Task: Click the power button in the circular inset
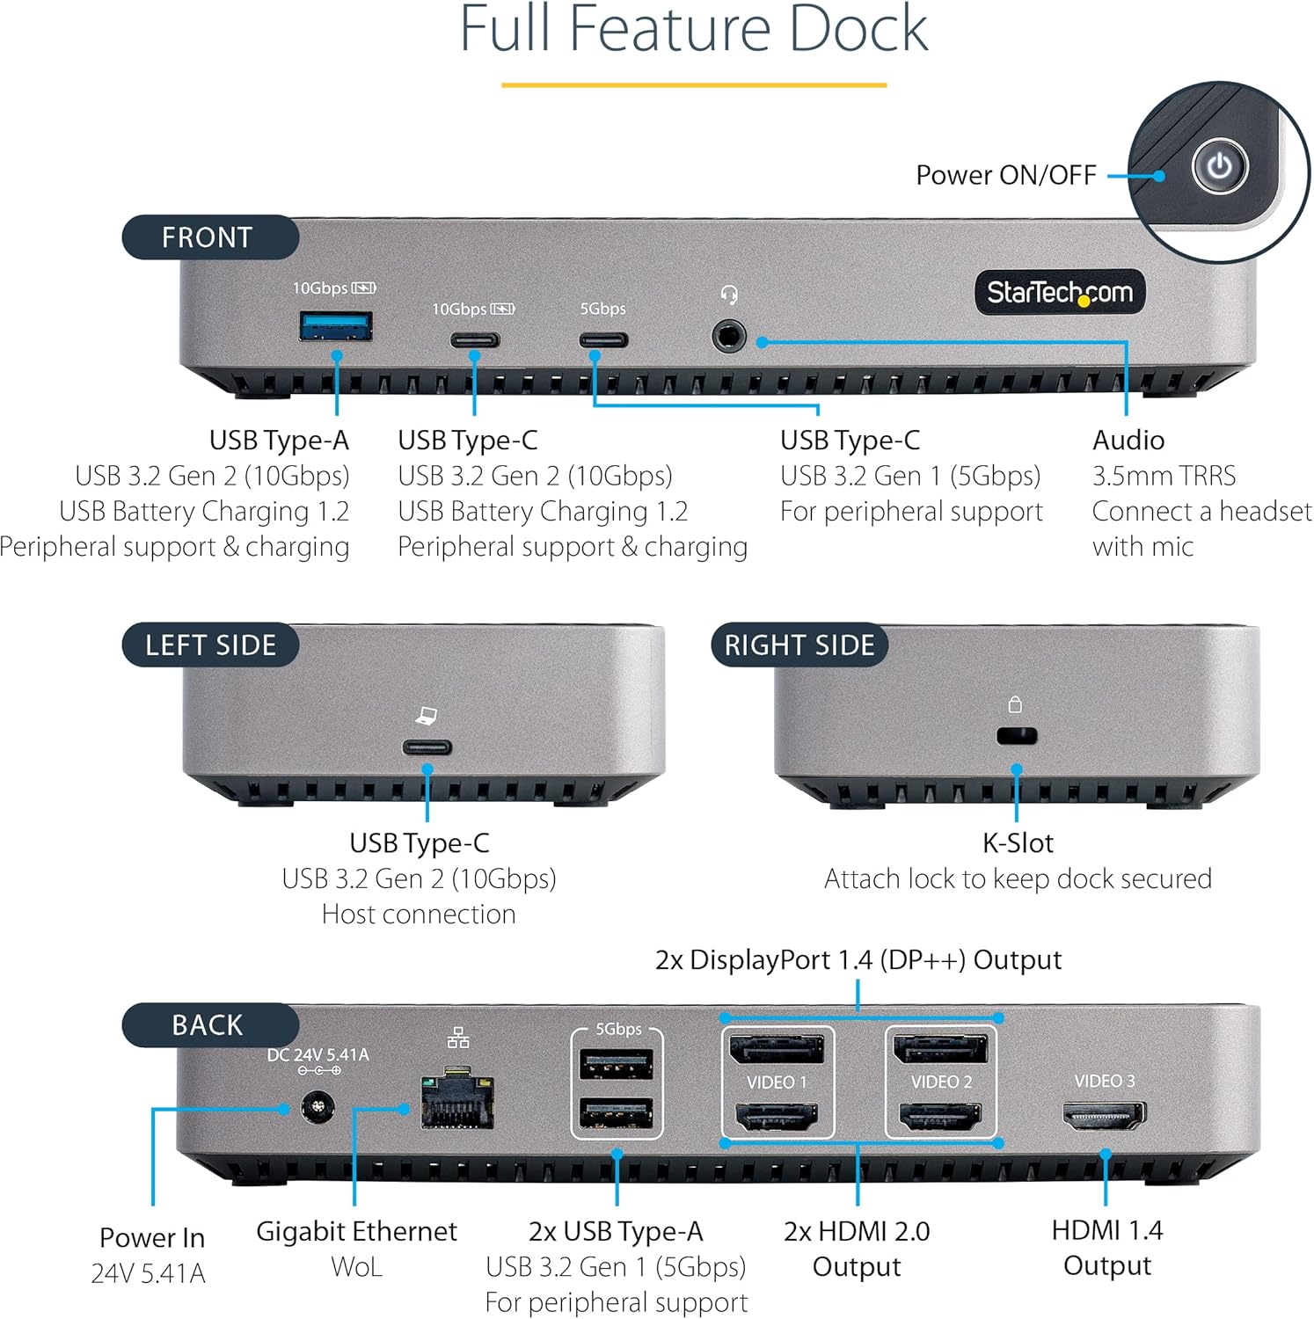pyautogui.click(x=1219, y=166)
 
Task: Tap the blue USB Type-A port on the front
pyautogui.click(x=336, y=326)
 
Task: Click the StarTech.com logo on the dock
pyautogui.click(x=1059, y=292)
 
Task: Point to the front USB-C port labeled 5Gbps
pyautogui.click(x=602, y=340)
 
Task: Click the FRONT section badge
pyautogui.click(x=209, y=237)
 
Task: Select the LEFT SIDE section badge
pyautogui.click(x=210, y=645)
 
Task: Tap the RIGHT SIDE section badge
pyautogui.click(x=799, y=645)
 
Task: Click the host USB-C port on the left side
pyautogui.click(x=427, y=747)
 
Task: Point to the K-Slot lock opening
pyautogui.click(x=1017, y=736)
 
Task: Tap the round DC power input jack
pyautogui.click(x=318, y=1108)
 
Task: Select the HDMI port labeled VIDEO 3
pyautogui.click(x=1105, y=1116)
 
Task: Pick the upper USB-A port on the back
pyautogui.click(x=616, y=1064)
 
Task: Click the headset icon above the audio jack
pyautogui.click(x=728, y=295)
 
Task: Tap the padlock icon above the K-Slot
pyautogui.click(x=1015, y=704)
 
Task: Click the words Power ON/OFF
pyautogui.click(x=1005, y=175)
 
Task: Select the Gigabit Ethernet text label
pyautogui.click(x=356, y=1231)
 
